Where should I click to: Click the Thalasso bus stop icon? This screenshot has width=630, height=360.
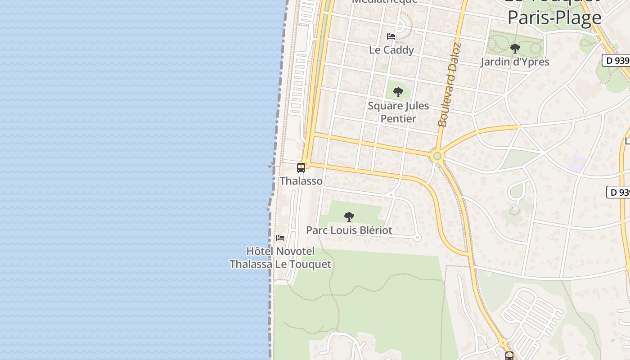[301, 168]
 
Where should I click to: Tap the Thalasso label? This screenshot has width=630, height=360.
[301, 181]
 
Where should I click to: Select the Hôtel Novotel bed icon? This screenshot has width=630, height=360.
[280, 238]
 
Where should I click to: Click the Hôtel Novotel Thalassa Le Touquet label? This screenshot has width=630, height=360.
[280, 257]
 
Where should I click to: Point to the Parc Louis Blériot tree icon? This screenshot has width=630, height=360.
[349, 217]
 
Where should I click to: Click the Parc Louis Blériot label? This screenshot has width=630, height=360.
[349, 230]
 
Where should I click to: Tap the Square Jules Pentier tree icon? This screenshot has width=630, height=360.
[398, 92]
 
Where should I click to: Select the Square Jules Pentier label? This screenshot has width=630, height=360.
[398, 112]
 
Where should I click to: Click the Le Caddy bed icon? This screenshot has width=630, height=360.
[391, 36]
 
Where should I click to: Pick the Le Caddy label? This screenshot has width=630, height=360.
[391, 50]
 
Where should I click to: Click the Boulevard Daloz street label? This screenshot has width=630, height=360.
[449, 85]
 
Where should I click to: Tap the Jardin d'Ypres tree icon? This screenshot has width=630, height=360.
[515, 48]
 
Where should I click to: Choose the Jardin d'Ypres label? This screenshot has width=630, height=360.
[515, 62]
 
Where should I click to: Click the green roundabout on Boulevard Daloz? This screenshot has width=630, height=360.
[436, 157]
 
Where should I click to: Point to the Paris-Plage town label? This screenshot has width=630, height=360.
[554, 17]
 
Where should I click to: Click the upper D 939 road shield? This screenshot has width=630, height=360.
[616, 60]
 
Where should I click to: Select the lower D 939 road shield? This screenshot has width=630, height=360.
[618, 192]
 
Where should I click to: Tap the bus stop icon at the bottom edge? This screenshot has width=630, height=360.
[509, 355]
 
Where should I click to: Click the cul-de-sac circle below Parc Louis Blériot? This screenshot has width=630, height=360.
[417, 237]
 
